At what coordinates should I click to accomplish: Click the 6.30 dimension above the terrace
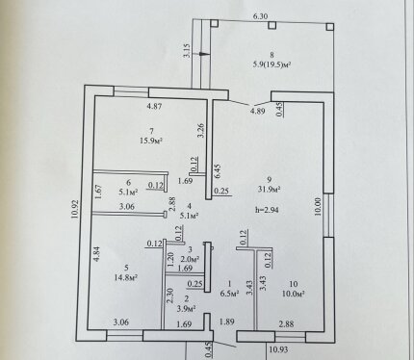(x=260, y=16)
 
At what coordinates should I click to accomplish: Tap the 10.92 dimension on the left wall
(x=75, y=210)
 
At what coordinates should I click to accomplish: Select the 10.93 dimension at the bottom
(x=278, y=349)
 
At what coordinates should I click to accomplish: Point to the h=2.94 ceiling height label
(x=267, y=210)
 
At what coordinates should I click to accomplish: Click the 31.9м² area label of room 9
(x=270, y=190)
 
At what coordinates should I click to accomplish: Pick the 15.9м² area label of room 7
(x=151, y=141)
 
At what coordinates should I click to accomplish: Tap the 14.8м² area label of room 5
(x=126, y=277)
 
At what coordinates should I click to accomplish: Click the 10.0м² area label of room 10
(x=294, y=294)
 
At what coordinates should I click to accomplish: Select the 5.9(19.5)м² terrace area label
(x=272, y=64)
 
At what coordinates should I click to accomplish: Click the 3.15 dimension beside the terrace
(x=187, y=51)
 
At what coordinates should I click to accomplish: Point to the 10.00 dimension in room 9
(x=318, y=206)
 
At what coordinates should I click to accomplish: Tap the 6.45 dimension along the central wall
(x=218, y=171)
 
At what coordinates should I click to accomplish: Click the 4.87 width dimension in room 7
(x=154, y=107)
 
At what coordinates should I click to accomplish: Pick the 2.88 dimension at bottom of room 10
(x=286, y=324)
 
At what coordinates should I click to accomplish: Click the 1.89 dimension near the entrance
(x=227, y=321)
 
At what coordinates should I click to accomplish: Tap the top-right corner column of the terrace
(x=330, y=27)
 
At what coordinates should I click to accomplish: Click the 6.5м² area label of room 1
(x=230, y=294)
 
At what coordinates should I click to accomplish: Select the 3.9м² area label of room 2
(x=187, y=309)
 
